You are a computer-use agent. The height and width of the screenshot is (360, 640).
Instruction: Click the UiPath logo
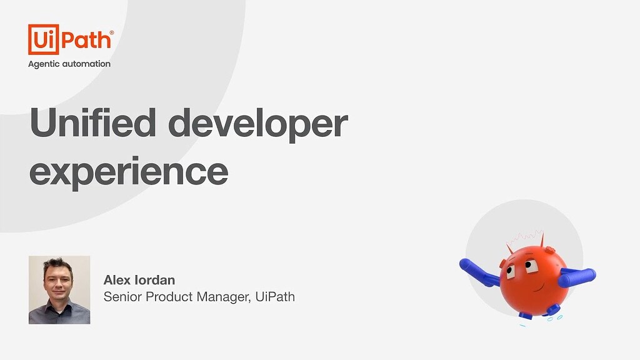pos(70,40)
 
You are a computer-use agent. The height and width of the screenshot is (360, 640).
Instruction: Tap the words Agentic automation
pos(69,64)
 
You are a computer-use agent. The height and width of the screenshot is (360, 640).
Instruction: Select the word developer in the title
pos(258,123)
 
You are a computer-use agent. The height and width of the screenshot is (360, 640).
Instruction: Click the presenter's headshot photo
pos(59,289)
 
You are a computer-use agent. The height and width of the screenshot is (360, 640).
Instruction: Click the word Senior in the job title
pos(122,297)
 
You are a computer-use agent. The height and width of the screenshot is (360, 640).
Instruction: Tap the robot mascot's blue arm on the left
pos(478,272)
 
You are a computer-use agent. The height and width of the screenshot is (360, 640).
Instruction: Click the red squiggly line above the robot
pos(524,238)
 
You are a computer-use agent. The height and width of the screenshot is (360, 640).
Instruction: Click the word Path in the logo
pos(86,40)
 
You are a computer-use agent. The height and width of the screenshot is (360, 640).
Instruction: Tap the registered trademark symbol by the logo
pos(112,31)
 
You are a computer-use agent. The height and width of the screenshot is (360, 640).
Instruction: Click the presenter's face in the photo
pos(57,281)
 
